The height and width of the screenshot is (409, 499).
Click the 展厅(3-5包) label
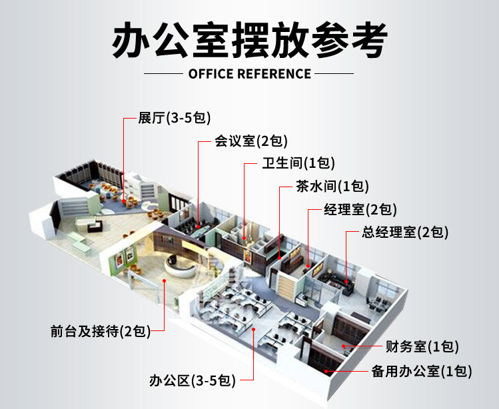[175, 118]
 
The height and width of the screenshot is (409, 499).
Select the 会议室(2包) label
[251, 141]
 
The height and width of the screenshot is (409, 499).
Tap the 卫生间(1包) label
[298, 163]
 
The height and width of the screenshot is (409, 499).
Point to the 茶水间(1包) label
[332, 187]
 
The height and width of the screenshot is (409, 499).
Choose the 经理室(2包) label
[360, 209]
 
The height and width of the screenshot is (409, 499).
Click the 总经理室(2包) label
[405, 232]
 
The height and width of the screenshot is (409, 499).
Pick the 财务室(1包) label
[422, 346]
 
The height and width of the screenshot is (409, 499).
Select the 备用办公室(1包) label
[422, 371]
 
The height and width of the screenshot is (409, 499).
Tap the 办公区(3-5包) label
[193, 380]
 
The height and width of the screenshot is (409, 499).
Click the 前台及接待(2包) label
[101, 331]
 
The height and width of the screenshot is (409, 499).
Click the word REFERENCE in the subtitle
[274, 74]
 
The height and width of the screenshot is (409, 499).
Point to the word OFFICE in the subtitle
[211, 74]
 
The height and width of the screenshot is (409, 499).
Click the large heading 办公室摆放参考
[249, 39]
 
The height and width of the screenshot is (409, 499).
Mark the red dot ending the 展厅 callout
[124, 201]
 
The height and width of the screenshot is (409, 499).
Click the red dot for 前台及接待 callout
[164, 280]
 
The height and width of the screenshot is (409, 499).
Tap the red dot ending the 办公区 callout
[254, 329]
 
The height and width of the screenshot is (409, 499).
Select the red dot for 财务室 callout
[344, 346]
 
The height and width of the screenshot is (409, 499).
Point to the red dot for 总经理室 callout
[346, 281]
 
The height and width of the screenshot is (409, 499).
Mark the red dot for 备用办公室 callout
[326, 371]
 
